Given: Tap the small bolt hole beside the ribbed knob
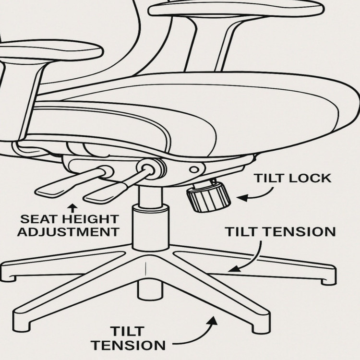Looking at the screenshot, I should click(x=194, y=169).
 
